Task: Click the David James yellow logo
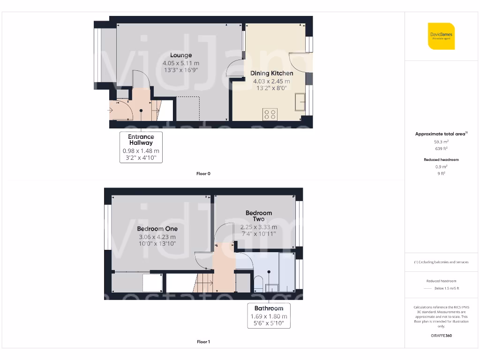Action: (x=441, y=36)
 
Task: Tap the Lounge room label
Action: (x=181, y=55)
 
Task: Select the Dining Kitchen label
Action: (x=271, y=73)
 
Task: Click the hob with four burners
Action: (x=270, y=114)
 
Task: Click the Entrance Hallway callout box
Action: (x=141, y=147)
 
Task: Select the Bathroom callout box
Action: (x=269, y=316)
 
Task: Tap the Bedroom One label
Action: (x=157, y=229)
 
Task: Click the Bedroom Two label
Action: (x=258, y=216)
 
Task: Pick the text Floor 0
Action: (x=203, y=173)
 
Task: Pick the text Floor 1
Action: (x=203, y=342)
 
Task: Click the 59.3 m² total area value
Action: (x=441, y=141)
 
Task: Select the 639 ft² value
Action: (x=441, y=148)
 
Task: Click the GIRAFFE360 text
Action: (x=441, y=336)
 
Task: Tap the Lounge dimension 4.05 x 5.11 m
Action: (x=181, y=63)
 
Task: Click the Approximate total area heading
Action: (x=441, y=134)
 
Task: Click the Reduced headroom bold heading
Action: (x=441, y=160)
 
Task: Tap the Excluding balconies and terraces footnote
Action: (x=441, y=262)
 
